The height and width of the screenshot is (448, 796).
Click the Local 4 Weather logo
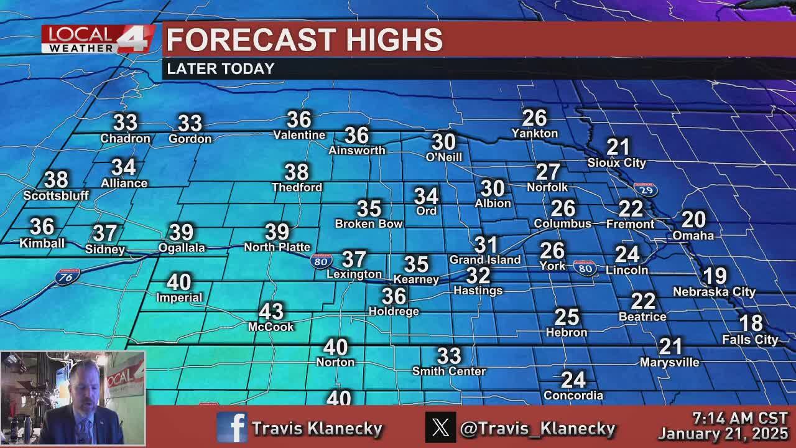click(x=98, y=39)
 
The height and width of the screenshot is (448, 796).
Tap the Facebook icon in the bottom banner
click(x=232, y=427)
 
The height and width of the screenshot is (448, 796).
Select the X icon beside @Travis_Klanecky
click(x=440, y=427)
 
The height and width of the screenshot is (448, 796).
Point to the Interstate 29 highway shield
click(x=646, y=190)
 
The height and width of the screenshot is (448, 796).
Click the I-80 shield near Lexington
click(x=320, y=261)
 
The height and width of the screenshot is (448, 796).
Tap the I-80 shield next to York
click(x=585, y=268)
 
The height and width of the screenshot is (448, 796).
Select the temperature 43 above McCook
click(x=271, y=311)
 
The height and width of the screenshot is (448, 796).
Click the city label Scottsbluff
click(x=56, y=195)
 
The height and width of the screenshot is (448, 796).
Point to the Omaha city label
click(x=693, y=235)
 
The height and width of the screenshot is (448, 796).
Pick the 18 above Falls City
click(x=751, y=324)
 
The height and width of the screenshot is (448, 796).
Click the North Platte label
click(x=277, y=247)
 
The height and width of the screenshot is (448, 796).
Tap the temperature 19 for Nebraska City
click(x=715, y=276)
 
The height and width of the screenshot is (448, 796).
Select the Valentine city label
click(x=299, y=135)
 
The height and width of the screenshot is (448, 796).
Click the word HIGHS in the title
click(x=394, y=40)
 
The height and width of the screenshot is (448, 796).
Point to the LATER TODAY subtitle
click(x=221, y=69)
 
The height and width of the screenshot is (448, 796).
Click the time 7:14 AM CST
click(x=740, y=418)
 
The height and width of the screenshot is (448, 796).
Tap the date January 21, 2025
click(x=723, y=433)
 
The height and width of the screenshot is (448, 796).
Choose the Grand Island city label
click(x=485, y=259)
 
